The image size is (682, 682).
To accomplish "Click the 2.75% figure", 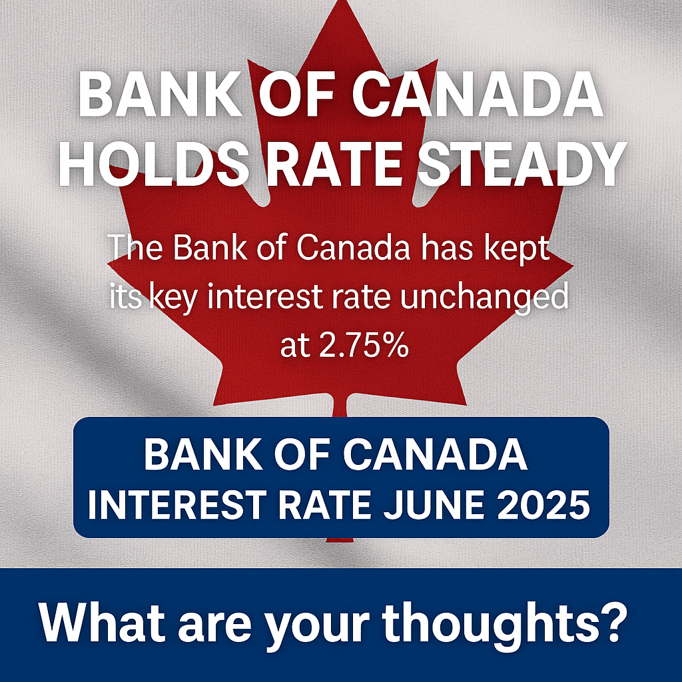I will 344,346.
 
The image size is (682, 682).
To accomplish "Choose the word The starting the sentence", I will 134,248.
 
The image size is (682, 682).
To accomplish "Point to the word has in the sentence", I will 450,248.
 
